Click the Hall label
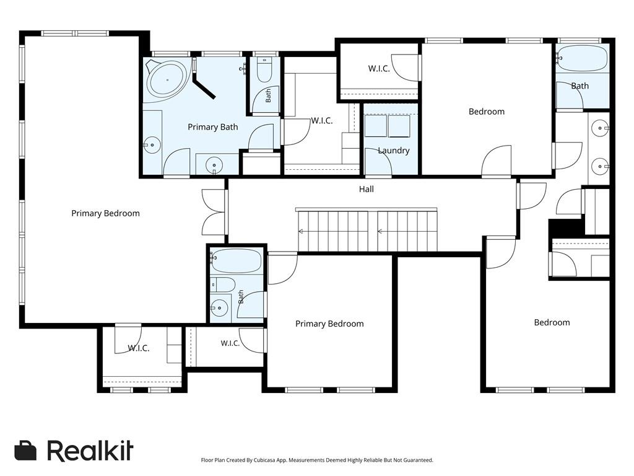click(367, 189)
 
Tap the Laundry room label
click(393, 151)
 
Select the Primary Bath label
click(213, 127)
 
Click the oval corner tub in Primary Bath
click(167, 79)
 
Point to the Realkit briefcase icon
click(25, 451)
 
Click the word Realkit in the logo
click(90, 450)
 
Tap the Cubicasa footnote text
click(317, 461)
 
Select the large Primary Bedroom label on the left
click(105, 213)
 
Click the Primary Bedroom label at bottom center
click(329, 324)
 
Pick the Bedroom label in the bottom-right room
click(552, 322)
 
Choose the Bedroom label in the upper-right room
click(487, 112)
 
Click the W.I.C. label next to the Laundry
click(322, 121)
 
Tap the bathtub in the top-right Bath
click(582, 58)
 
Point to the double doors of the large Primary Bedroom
click(214, 212)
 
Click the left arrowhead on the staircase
click(300, 232)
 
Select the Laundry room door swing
click(378, 162)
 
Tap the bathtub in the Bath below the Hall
click(236, 261)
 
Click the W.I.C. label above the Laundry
click(379, 69)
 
